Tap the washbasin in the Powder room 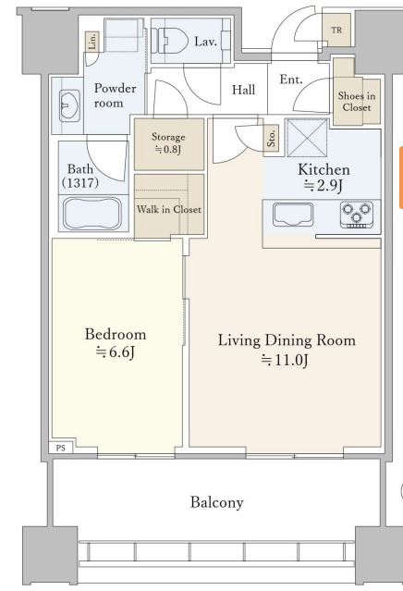[x=69, y=105]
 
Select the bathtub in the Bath [x=92, y=214]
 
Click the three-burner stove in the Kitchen [x=357, y=215]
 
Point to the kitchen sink [x=293, y=215]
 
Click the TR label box [x=336, y=30]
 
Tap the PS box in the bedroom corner [x=61, y=448]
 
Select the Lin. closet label [x=92, y=41]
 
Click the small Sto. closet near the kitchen [x=272, y=138]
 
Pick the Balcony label [x=217, y=502]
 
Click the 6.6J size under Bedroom [x=116, y=352]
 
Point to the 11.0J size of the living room [x=285, y=361]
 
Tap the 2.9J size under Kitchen [x=324, y=186]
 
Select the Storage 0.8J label [x=168, y=142]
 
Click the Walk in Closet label [x=169, y=209]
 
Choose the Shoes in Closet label [x=357, y=102]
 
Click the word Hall [x=243, y=90]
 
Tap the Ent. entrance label [x=291, y=80]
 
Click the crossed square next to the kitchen [x=308, y=138]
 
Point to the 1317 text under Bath [x=80, y=183]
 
